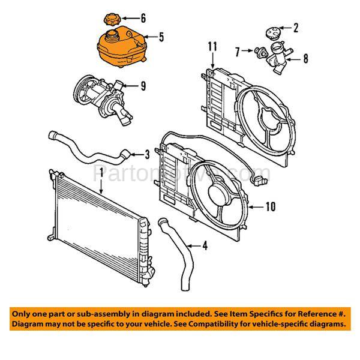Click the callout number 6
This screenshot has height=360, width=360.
[143, 18]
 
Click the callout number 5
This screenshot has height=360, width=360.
[161, 37]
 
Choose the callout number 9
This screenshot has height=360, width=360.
[143, 86]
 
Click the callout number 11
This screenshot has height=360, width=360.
[211, 46]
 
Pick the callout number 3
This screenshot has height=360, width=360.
[148, 155]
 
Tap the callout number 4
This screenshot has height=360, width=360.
[205, 245]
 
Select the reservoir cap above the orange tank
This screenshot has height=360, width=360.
[112, 20]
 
